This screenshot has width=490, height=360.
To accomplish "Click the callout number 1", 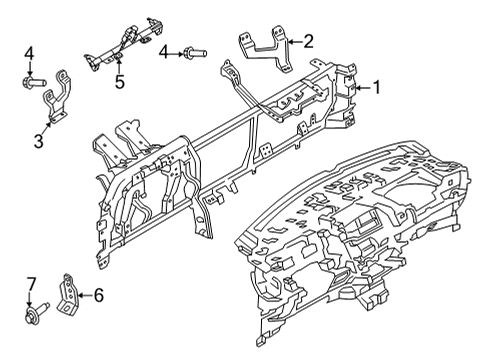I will click(x=377, y=87).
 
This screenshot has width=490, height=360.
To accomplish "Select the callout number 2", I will click(x=307, y=42).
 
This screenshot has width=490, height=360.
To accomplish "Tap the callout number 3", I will click(x=39, y=143).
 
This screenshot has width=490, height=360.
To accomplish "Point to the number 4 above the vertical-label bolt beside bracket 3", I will click(x=30, y=52).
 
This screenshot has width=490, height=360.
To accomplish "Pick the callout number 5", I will click(x=120, y=81).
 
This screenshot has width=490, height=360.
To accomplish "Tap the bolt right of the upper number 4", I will click(x=192, y=51).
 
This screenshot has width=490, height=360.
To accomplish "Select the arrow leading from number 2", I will click(x=293, y=42).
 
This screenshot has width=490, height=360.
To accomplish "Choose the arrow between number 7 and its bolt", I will click(x=31, y=303).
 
